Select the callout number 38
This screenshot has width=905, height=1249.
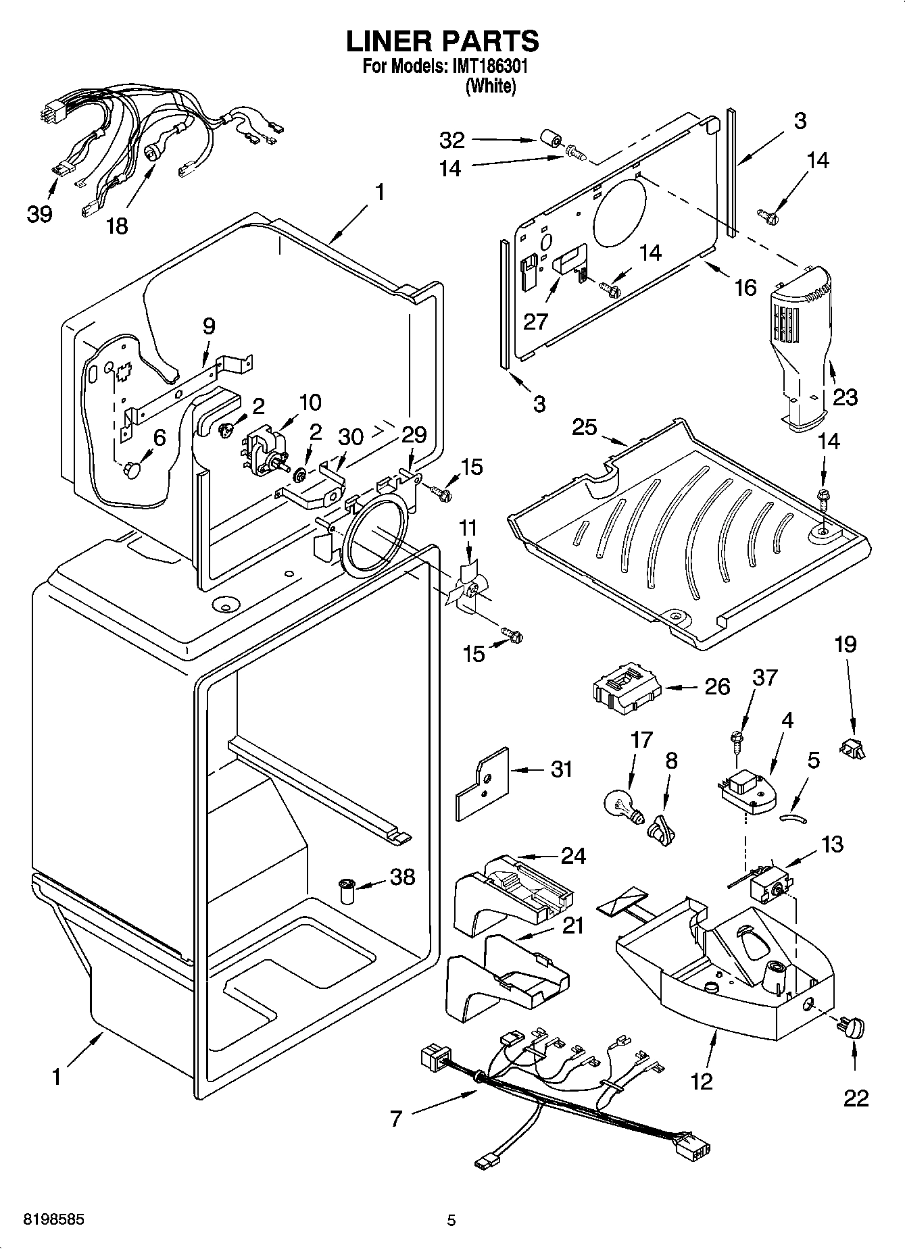tap(402, 877)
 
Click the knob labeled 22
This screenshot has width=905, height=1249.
tap(854, 1029)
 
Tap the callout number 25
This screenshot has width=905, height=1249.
tap(585, 427)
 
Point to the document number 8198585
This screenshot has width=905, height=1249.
tap(45, 1221)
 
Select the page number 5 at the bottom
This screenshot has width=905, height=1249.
tap(451, 1221)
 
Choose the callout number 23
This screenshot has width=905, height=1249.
tap(844, 397)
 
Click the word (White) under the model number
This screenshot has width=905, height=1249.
tap(490, 86)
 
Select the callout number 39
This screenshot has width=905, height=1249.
tap(39, 215)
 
